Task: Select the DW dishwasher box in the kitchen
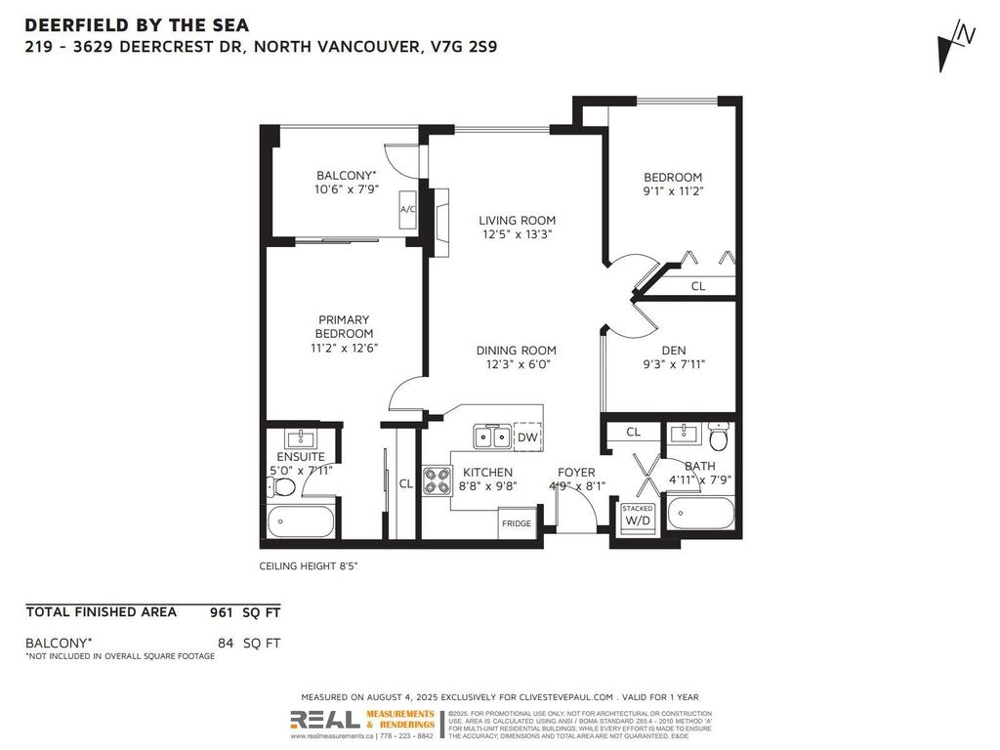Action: click(x=526, y=437)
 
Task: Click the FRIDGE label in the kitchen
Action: click(x=517, y=523)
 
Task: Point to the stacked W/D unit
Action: click(x=637, y=517)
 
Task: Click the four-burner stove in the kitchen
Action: click(x=436, y=479)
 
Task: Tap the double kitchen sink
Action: click(x=491, y=437)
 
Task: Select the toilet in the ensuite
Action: click(x=284, y=486)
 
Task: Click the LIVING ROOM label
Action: click(x=517, y=221)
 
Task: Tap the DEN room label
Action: click(x=673, y=351)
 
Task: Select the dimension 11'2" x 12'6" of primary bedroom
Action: click(x=344, y=348)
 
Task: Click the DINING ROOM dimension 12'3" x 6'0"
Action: click(x=516, y=364)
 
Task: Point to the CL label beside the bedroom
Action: click(x=697, y=286)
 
